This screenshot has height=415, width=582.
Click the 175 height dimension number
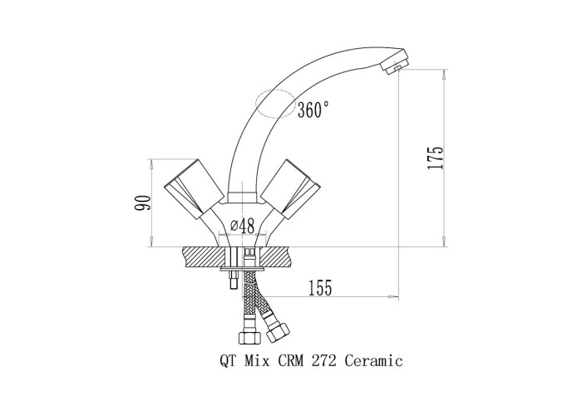tap(436, 158)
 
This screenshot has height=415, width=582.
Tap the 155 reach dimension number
tap(320, 287)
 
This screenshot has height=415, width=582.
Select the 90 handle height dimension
tap(143, 203)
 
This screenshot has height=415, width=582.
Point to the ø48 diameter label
tap(243, 226)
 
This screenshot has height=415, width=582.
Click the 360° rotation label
tap(313, 110)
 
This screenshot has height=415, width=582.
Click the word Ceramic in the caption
tap(374, 360)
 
